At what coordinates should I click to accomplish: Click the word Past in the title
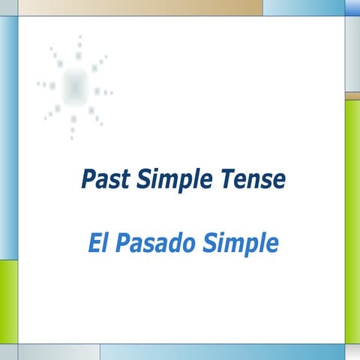[102, 180]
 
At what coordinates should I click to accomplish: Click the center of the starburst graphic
[74, 86]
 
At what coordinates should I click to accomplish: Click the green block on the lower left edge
[8, 300]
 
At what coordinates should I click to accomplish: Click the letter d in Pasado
[169, 244]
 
